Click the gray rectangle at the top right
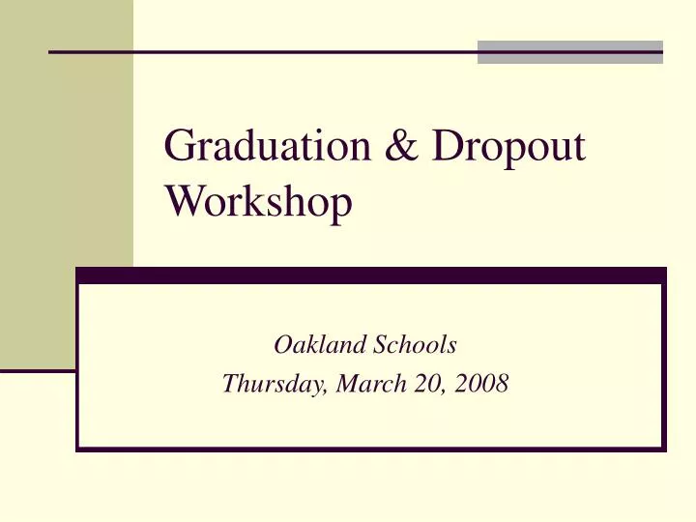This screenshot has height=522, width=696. (x=570, y=52)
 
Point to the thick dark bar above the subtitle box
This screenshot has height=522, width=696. (x=371, y=275)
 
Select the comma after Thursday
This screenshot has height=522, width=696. (x=333, y=390)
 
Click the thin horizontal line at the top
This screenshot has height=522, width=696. (x=261, y=51)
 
